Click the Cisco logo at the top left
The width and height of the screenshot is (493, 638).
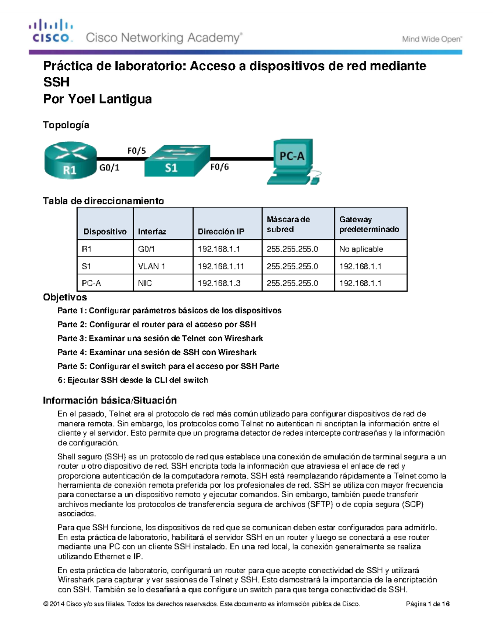[x=51, y=31]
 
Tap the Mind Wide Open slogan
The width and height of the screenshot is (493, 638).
[x=432, y=39]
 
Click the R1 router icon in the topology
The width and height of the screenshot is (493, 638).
[x=70, y=161]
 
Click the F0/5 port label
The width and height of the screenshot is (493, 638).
[x=136, y=151]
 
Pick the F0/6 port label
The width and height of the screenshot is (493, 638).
[x=219, y=167]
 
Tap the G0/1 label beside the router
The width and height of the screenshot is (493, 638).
[x=110, y=167]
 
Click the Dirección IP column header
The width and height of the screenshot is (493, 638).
[x=221, y=232]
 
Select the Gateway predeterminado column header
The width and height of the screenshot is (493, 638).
[x=369, y=224]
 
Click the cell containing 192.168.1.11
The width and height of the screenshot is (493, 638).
[x=221, y=266]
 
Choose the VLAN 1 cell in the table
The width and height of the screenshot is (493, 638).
[x=152, y=266]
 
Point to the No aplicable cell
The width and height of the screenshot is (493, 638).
[x=361, y=249]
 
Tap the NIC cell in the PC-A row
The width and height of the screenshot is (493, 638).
[x=145, y=283]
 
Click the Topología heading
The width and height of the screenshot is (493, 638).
[x=66, y=125]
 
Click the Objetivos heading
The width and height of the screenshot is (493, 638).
[x=65, y=297]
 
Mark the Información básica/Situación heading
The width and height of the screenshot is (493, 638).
[x=110, y=400]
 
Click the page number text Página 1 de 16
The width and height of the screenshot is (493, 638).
[x=428, y=604]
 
